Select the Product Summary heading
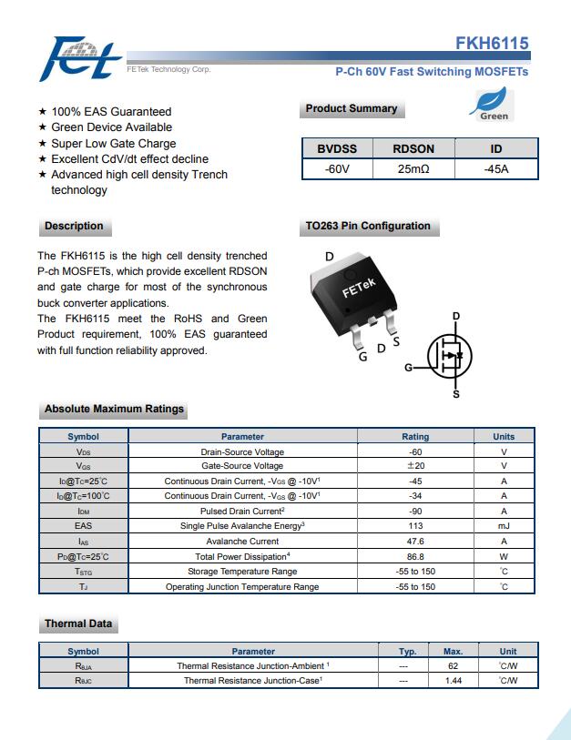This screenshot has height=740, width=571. pos(352,109)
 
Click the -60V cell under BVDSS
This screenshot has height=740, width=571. pos(337,169)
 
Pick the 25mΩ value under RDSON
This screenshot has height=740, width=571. pos(413,169)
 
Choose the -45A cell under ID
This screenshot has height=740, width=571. pos(496,169)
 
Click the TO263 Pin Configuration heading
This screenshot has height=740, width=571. pos(368,227)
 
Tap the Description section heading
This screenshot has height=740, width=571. pos(74,227)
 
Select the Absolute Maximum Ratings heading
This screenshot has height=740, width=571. pos(114,410)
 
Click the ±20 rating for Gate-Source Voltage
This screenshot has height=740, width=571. pos(415,466)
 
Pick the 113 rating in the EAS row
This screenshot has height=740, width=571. pos(415,526)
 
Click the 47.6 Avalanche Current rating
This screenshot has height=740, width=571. pos(415,542)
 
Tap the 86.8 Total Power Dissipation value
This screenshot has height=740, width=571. pos(415,556)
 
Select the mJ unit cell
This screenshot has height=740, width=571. pos(504,526)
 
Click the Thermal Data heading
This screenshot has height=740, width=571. pos(78,624)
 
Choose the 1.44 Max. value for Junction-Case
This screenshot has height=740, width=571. pos(454,681)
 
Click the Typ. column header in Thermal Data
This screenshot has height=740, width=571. pos(408,652)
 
